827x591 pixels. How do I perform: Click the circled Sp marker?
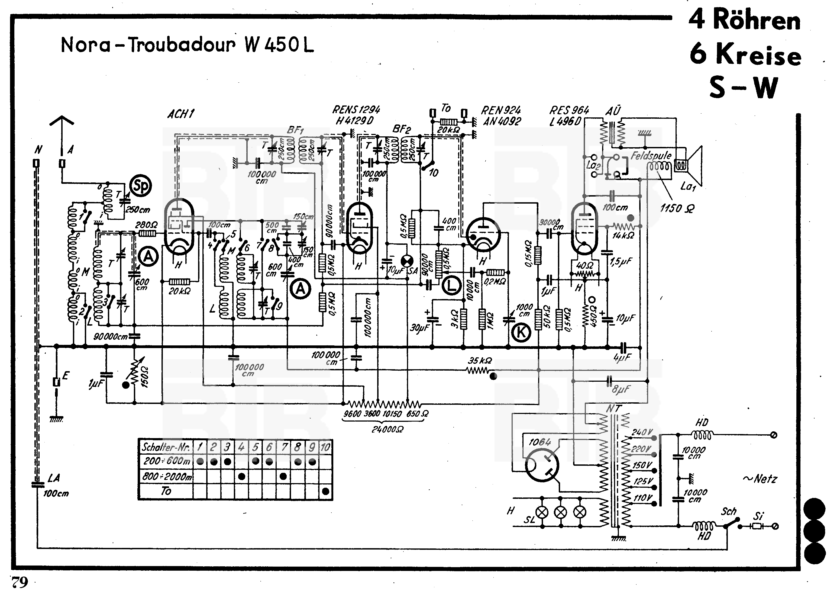(141, 186)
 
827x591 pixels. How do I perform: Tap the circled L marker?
(451, 286)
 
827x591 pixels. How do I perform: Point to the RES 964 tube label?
(568, 111)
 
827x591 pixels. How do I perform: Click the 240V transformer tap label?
(642, 432)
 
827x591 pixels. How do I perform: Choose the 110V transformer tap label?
(643, 498)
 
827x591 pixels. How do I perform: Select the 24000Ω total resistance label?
(387, 430)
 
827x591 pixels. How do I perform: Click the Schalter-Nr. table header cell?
(166, 447)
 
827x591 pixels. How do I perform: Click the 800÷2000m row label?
(167, 476)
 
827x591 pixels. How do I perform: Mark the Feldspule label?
(651, 156)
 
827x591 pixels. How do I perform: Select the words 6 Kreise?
(745, 54)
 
